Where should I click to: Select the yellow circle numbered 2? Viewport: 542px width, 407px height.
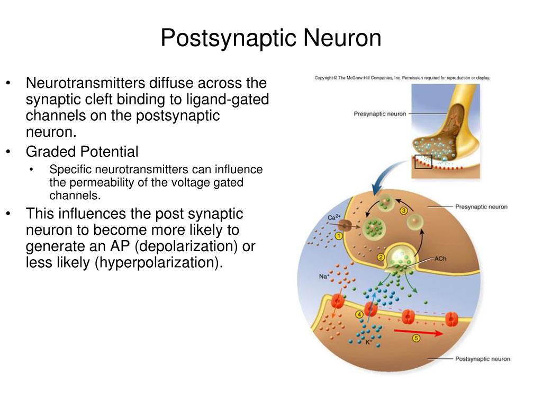tap(381, 258)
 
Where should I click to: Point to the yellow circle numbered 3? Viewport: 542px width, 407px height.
tap(404, 210)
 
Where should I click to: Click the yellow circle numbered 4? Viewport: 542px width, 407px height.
tap(360, 315)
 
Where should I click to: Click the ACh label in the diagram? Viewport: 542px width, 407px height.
tap(440, 260)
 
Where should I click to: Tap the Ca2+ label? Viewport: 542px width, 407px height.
tap(333, 217)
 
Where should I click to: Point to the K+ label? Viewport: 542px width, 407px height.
tap(369, 343)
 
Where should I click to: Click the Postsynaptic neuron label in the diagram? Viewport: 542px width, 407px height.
tap(482, 359)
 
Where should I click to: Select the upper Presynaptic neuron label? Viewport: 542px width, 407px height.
tap(380, 113)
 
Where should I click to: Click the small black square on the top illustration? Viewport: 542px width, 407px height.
tap(423, 161)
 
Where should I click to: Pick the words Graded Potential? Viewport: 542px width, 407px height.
tap(82, 152)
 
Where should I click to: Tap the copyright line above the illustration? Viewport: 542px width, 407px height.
tap(402, 78)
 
